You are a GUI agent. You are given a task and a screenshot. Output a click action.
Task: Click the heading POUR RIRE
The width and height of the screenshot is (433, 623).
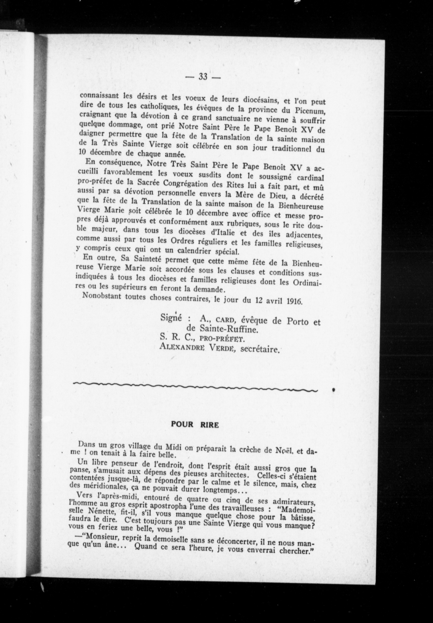tap(195, 425)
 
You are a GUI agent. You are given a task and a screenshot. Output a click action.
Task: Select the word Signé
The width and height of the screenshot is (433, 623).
tap(171, 318)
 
